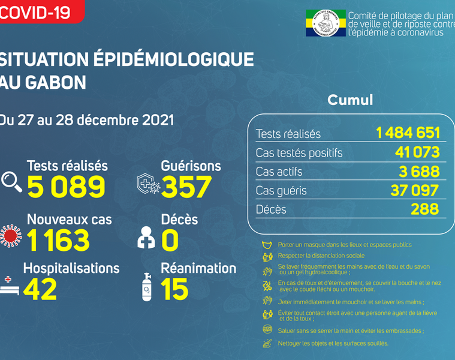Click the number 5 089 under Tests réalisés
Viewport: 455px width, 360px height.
point(65,187)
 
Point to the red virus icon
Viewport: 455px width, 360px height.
point(10,235)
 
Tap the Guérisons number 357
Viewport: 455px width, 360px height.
point(186,187)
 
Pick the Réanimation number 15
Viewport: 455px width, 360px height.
point(174,289)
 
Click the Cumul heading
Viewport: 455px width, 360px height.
point(350,100)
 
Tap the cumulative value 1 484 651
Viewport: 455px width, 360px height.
point(408,133)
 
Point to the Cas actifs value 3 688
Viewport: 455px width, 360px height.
point(420,172)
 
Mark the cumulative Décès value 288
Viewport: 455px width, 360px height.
point(425,209)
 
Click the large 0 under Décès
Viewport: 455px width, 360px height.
point(170,241)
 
